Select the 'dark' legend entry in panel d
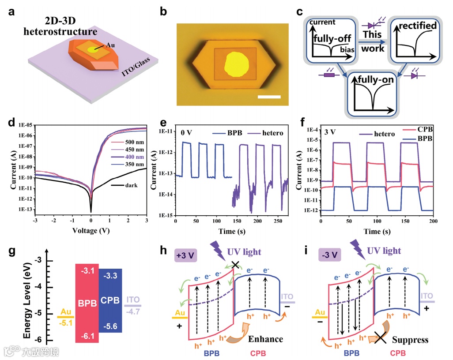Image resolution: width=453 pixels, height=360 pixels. pos(131,185)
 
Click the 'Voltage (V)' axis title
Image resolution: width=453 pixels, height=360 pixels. pos(91,230)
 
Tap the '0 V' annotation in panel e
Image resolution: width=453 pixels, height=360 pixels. pos(187,132)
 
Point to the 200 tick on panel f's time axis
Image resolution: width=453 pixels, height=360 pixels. pos(434,221)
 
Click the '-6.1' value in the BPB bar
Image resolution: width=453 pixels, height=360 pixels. pos(87,335)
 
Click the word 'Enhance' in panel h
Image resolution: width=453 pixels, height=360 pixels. pos(266,339)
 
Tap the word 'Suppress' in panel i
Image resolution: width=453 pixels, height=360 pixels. pos(411,340)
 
